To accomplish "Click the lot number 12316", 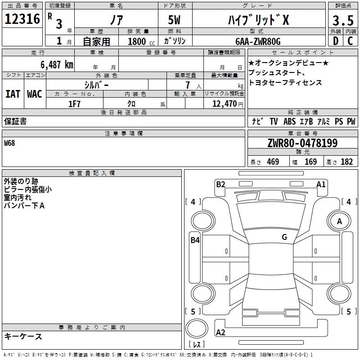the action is point(22,19).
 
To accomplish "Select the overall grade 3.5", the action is point(343,20).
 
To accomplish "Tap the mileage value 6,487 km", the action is point(57,65).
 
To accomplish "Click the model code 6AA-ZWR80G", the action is point(258,41).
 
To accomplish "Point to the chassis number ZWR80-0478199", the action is point(302,143).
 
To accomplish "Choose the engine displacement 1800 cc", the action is point(141,41).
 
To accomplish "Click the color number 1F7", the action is point(74,104).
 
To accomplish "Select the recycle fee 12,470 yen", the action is point(228,104).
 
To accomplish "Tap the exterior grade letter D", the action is point(336,41).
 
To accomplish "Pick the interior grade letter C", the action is point(350,41).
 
